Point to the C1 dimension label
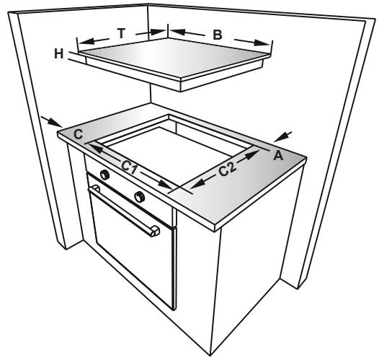click(130, 167)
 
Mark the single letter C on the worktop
click(79, 133)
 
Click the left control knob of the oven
click(106, 175)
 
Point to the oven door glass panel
click(133, 253)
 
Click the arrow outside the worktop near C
click(49, 120)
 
